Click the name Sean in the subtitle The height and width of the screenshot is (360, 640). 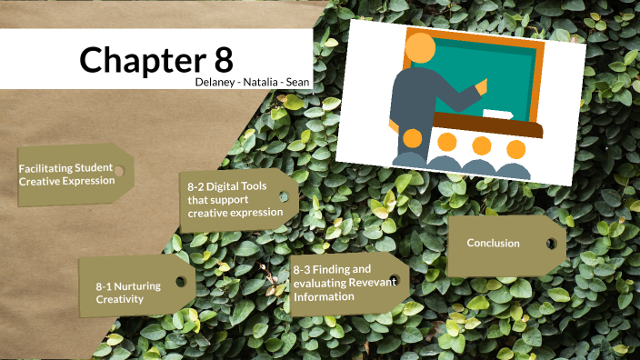click(x=297, y=82)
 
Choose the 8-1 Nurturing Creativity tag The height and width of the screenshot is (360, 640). click(x=128, y=292)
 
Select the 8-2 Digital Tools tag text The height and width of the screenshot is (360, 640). click(x=235, y=199)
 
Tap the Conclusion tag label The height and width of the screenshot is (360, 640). click(x=493, y=243)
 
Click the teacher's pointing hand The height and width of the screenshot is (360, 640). click(x=481, y=87)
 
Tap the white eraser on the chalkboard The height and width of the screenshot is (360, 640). click(x=496, y=115)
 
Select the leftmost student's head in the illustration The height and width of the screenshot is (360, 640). click(x=413, y=139)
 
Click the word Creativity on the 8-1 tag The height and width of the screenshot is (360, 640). click(x=120, y=298)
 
